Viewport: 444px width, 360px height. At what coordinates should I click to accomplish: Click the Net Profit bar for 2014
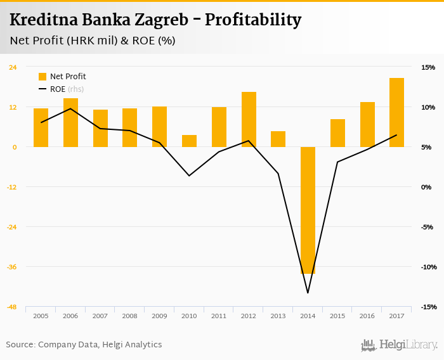tap(308, 210)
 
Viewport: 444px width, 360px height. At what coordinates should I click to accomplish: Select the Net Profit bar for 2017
tap(396, 112)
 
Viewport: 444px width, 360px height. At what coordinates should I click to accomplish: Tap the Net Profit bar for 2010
tap(189, 141)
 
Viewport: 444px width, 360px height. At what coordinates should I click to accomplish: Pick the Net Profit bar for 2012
tap(249, 119)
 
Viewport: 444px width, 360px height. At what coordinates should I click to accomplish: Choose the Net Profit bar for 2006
tap(70, 122)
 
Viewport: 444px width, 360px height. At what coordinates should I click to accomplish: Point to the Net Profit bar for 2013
tap(278, 139)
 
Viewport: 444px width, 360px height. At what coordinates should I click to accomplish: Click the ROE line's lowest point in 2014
tap(308, 293)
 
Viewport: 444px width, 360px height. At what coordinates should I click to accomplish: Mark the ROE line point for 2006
tap(70, 108)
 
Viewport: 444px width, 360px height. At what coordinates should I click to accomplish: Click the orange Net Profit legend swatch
tap(42, 77)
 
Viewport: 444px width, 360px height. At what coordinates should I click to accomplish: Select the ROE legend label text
tap(58, 89)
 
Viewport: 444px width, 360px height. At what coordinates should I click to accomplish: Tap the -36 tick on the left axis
tap(13, 267)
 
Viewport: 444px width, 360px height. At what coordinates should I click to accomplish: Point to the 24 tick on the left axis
tap(13, 67)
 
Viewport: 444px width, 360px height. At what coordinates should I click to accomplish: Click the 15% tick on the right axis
tap(428, 67)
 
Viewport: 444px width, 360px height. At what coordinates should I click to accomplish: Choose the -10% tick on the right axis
tap(427, 267)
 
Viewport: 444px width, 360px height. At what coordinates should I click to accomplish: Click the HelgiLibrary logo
tap(399, 345)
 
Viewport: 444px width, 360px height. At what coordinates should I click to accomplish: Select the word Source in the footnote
tap(20, 345)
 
